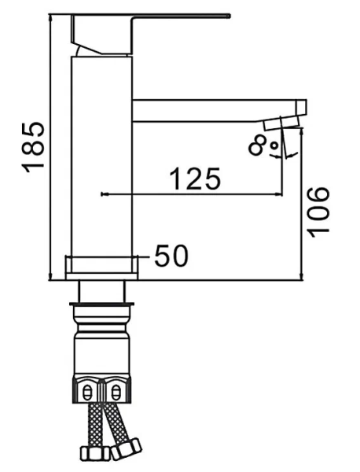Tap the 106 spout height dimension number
(x=319, y=211)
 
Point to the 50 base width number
(x=171, y=256)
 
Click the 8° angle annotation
(x=262, y=146)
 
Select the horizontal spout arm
(x=212, y=110)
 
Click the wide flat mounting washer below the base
(x=102, y=303)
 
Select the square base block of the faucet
(x=101, y=266)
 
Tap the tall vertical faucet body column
(x=102, y=157)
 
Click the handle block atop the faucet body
(x=102, y=35)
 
